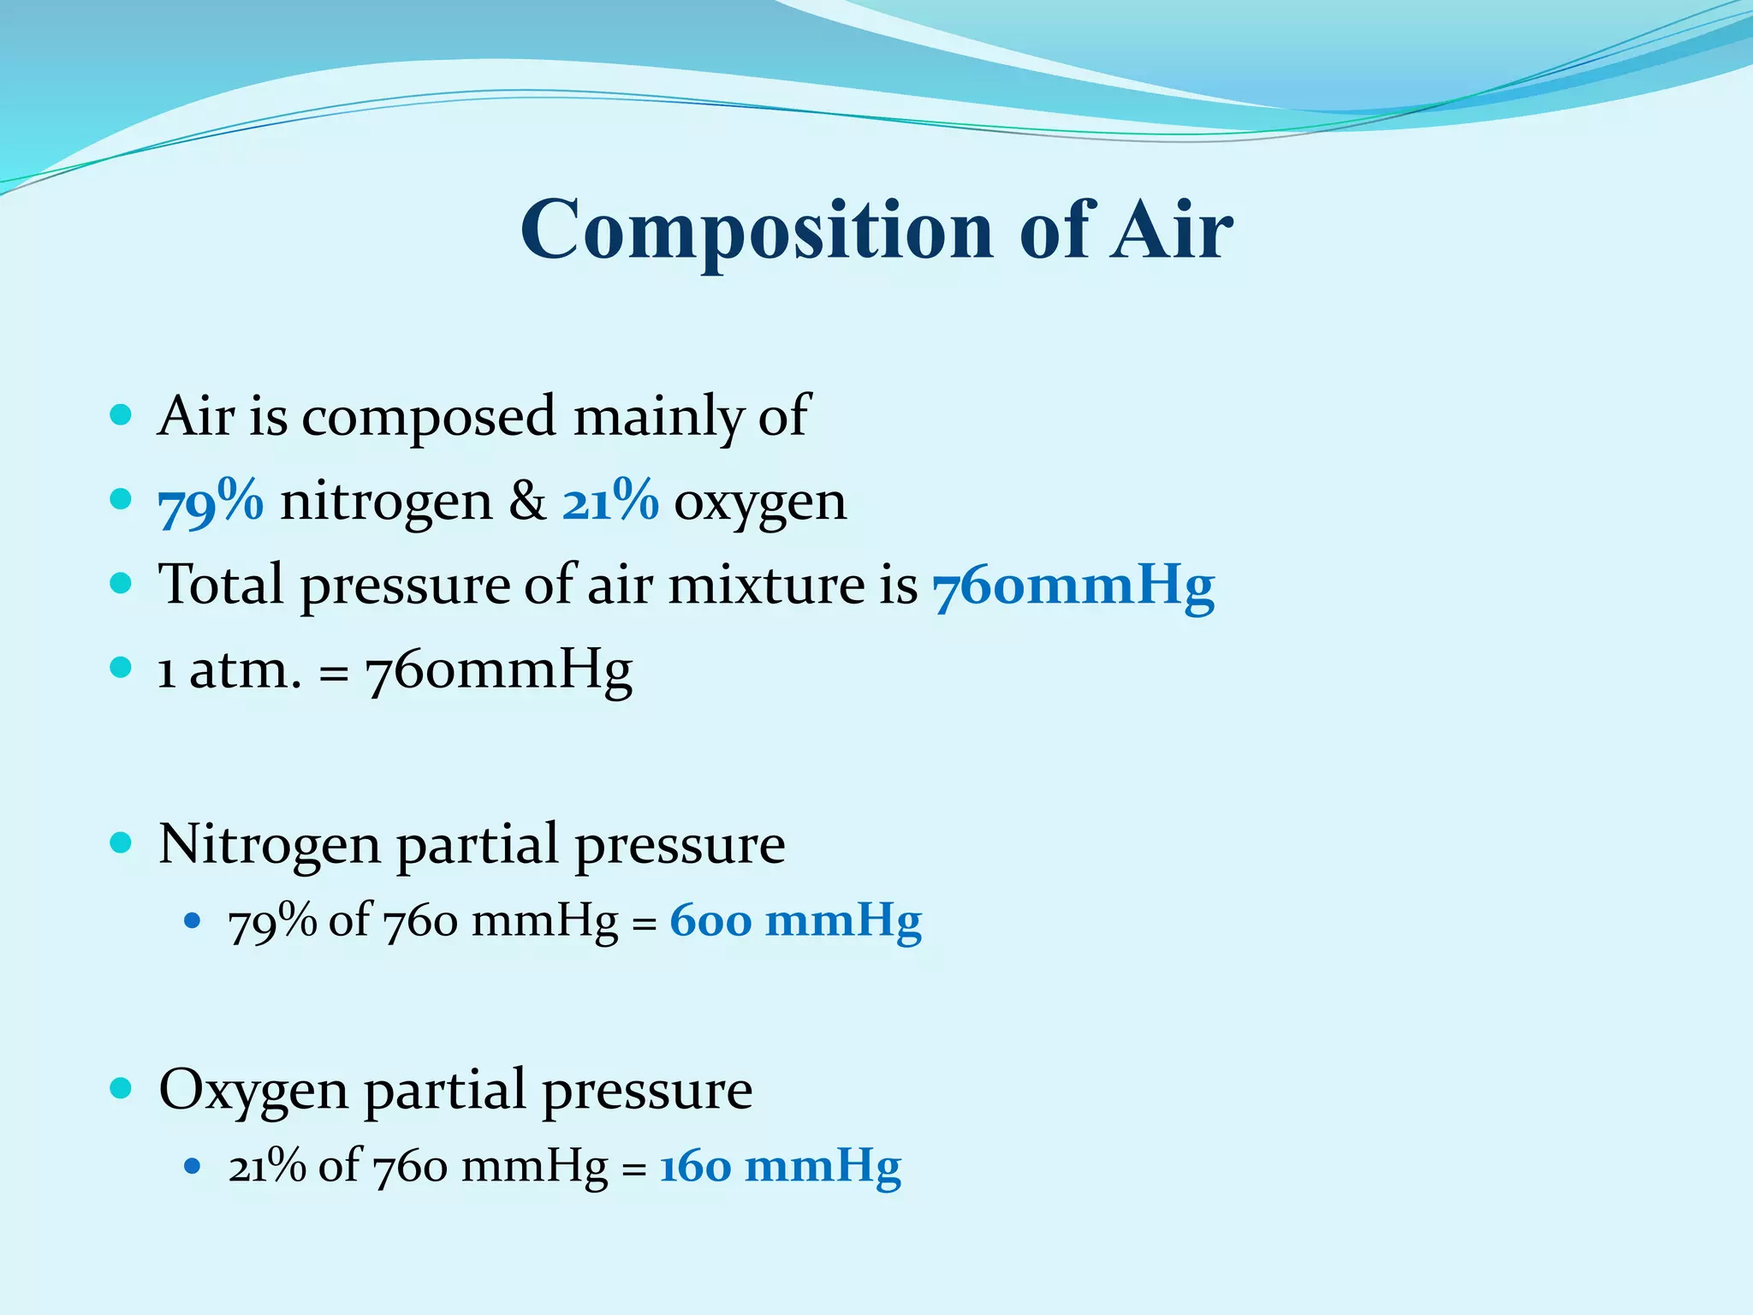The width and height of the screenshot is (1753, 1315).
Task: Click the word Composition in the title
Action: pos(756,229)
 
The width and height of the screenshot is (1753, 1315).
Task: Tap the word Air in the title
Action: pos(1172,229)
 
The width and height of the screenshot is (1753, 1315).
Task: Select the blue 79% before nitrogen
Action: pos(211,501)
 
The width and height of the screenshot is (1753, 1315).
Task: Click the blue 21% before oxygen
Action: pos(610,501)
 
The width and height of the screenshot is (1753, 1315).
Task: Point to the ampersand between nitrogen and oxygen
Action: pos(527,501)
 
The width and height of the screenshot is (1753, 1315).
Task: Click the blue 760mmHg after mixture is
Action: pos(1073,586)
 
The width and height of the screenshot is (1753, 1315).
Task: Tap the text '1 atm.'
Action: pos(229,670)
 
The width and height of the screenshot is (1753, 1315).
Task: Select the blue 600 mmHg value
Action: pos(795,922)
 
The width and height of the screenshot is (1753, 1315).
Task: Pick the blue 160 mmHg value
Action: pos(780,1167)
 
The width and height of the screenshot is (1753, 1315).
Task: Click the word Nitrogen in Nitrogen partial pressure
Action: pos(269,844)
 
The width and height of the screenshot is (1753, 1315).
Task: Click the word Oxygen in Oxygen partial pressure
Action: pos(253,1091)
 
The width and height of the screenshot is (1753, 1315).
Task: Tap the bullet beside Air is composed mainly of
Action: pos(122,415)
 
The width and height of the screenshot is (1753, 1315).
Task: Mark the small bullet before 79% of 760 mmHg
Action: pos(193,922)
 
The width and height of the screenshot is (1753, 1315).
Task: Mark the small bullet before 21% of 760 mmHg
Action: pos(193,1166)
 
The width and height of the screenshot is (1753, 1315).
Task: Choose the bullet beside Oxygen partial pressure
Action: pos(122,1089)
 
